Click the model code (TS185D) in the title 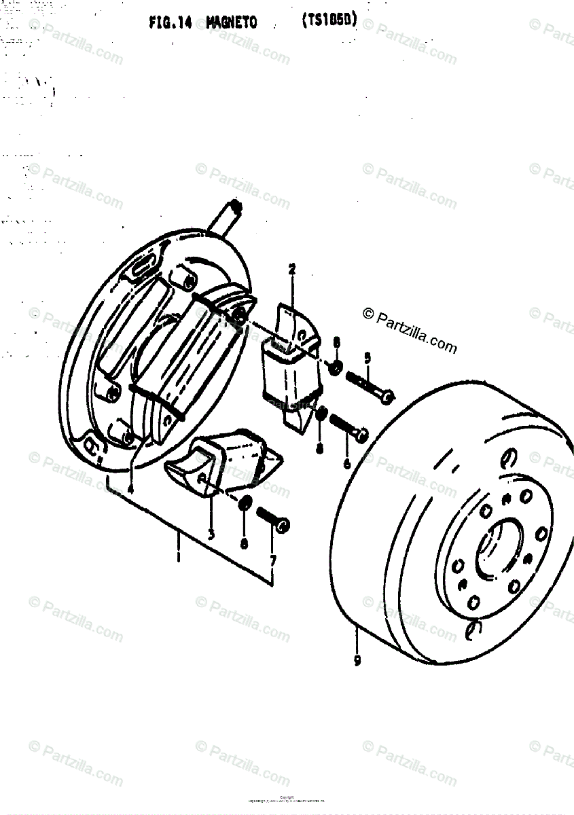[329, 21]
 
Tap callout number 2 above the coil [291, 270]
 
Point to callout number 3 [211, 534]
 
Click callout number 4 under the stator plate [130, 486]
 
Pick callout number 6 [347, 464]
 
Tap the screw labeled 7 [273, 519]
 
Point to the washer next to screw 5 [336, 368]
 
